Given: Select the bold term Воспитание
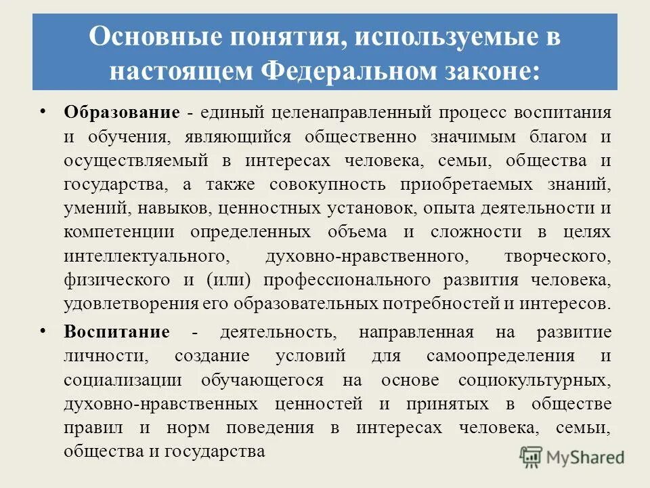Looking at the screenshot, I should coord(117,332).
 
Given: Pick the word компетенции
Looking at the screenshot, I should coord(120,232).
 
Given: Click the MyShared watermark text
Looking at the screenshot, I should coord(586,457).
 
